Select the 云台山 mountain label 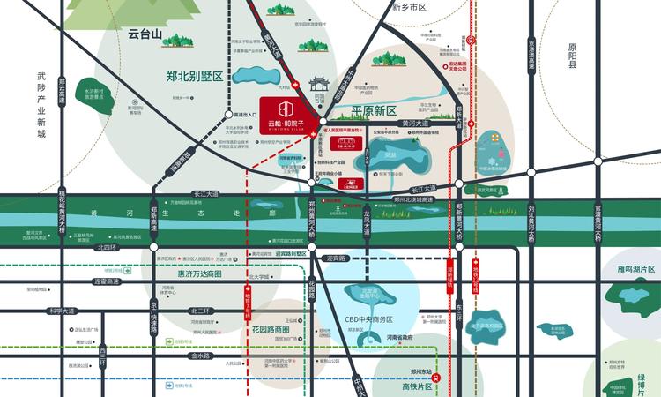[x=145, y=35]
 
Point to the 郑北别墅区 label [x=195, y=77]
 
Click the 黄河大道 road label [x=414, y=123]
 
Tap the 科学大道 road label [x=63, y=311]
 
